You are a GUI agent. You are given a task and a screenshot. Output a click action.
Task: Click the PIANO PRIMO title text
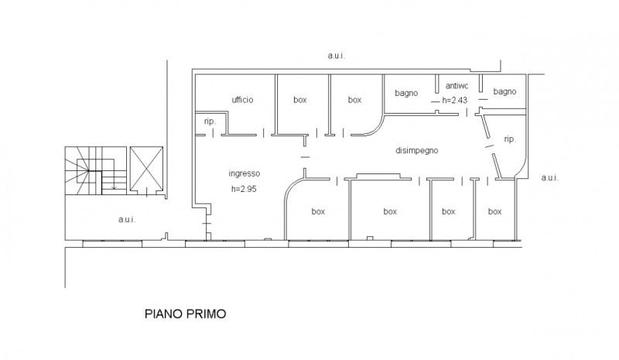pos(185,314)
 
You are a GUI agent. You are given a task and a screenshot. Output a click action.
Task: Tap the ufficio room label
pos(242,100)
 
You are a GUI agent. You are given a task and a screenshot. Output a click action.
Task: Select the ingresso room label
pos(245,173)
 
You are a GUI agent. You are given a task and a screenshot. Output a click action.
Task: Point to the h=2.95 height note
pos(244,189)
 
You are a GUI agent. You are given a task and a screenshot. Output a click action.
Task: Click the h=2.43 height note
pos(455,100)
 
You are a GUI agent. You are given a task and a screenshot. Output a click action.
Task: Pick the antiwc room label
pos(457,86)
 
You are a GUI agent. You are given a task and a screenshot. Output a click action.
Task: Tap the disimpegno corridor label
pos(417,150)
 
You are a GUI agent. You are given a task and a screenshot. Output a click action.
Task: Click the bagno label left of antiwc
pos(406,93)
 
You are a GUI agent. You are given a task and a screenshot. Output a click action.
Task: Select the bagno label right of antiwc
pos(504,91)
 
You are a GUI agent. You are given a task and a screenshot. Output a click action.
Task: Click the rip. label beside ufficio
pos(210,122)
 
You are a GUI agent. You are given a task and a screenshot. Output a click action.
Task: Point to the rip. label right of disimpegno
pos(510,139)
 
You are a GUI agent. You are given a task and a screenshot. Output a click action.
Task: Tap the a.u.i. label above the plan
pos(337,56)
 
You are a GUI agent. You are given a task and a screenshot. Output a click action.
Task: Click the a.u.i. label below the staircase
pos(127,219)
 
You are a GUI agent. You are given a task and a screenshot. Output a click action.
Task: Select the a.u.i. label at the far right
pos(550,178)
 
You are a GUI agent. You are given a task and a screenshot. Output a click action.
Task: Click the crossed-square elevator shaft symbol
pos(146,170)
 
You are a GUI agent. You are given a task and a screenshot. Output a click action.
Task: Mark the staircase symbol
pos(96,171)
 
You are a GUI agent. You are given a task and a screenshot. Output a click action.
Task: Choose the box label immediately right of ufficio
pos(300,100)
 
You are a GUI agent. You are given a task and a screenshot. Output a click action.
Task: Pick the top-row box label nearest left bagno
pos(354,100)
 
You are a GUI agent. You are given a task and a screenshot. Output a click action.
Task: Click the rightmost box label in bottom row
pos(494,212)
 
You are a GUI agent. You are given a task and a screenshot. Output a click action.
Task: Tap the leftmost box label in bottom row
pos(318,212)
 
